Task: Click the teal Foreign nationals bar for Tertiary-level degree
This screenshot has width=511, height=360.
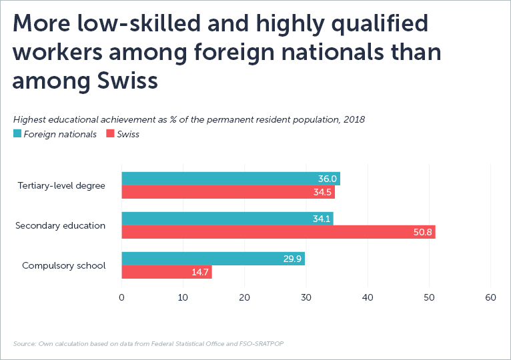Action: (x=230, y=179)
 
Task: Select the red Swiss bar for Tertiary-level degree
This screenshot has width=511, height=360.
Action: (x=227, y=193)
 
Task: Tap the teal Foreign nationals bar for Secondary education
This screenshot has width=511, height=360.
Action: (x=227, y=219)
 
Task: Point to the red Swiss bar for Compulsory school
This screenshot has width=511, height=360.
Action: (x=167, y=273)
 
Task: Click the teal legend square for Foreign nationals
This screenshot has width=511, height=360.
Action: (x=17, y=134)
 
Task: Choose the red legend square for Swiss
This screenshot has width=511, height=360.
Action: (x=110, y=134)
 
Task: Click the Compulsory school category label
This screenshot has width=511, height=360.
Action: (x=63, y=265)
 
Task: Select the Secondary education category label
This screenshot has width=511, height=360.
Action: (x=60, y=225)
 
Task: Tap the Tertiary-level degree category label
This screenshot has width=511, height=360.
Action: (x=61, y=185)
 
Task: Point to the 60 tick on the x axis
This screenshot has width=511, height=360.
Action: (x=490, y=297)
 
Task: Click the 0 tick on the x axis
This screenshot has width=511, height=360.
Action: (x=121, y=297)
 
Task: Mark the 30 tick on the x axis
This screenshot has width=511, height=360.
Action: (x=306, y=297)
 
